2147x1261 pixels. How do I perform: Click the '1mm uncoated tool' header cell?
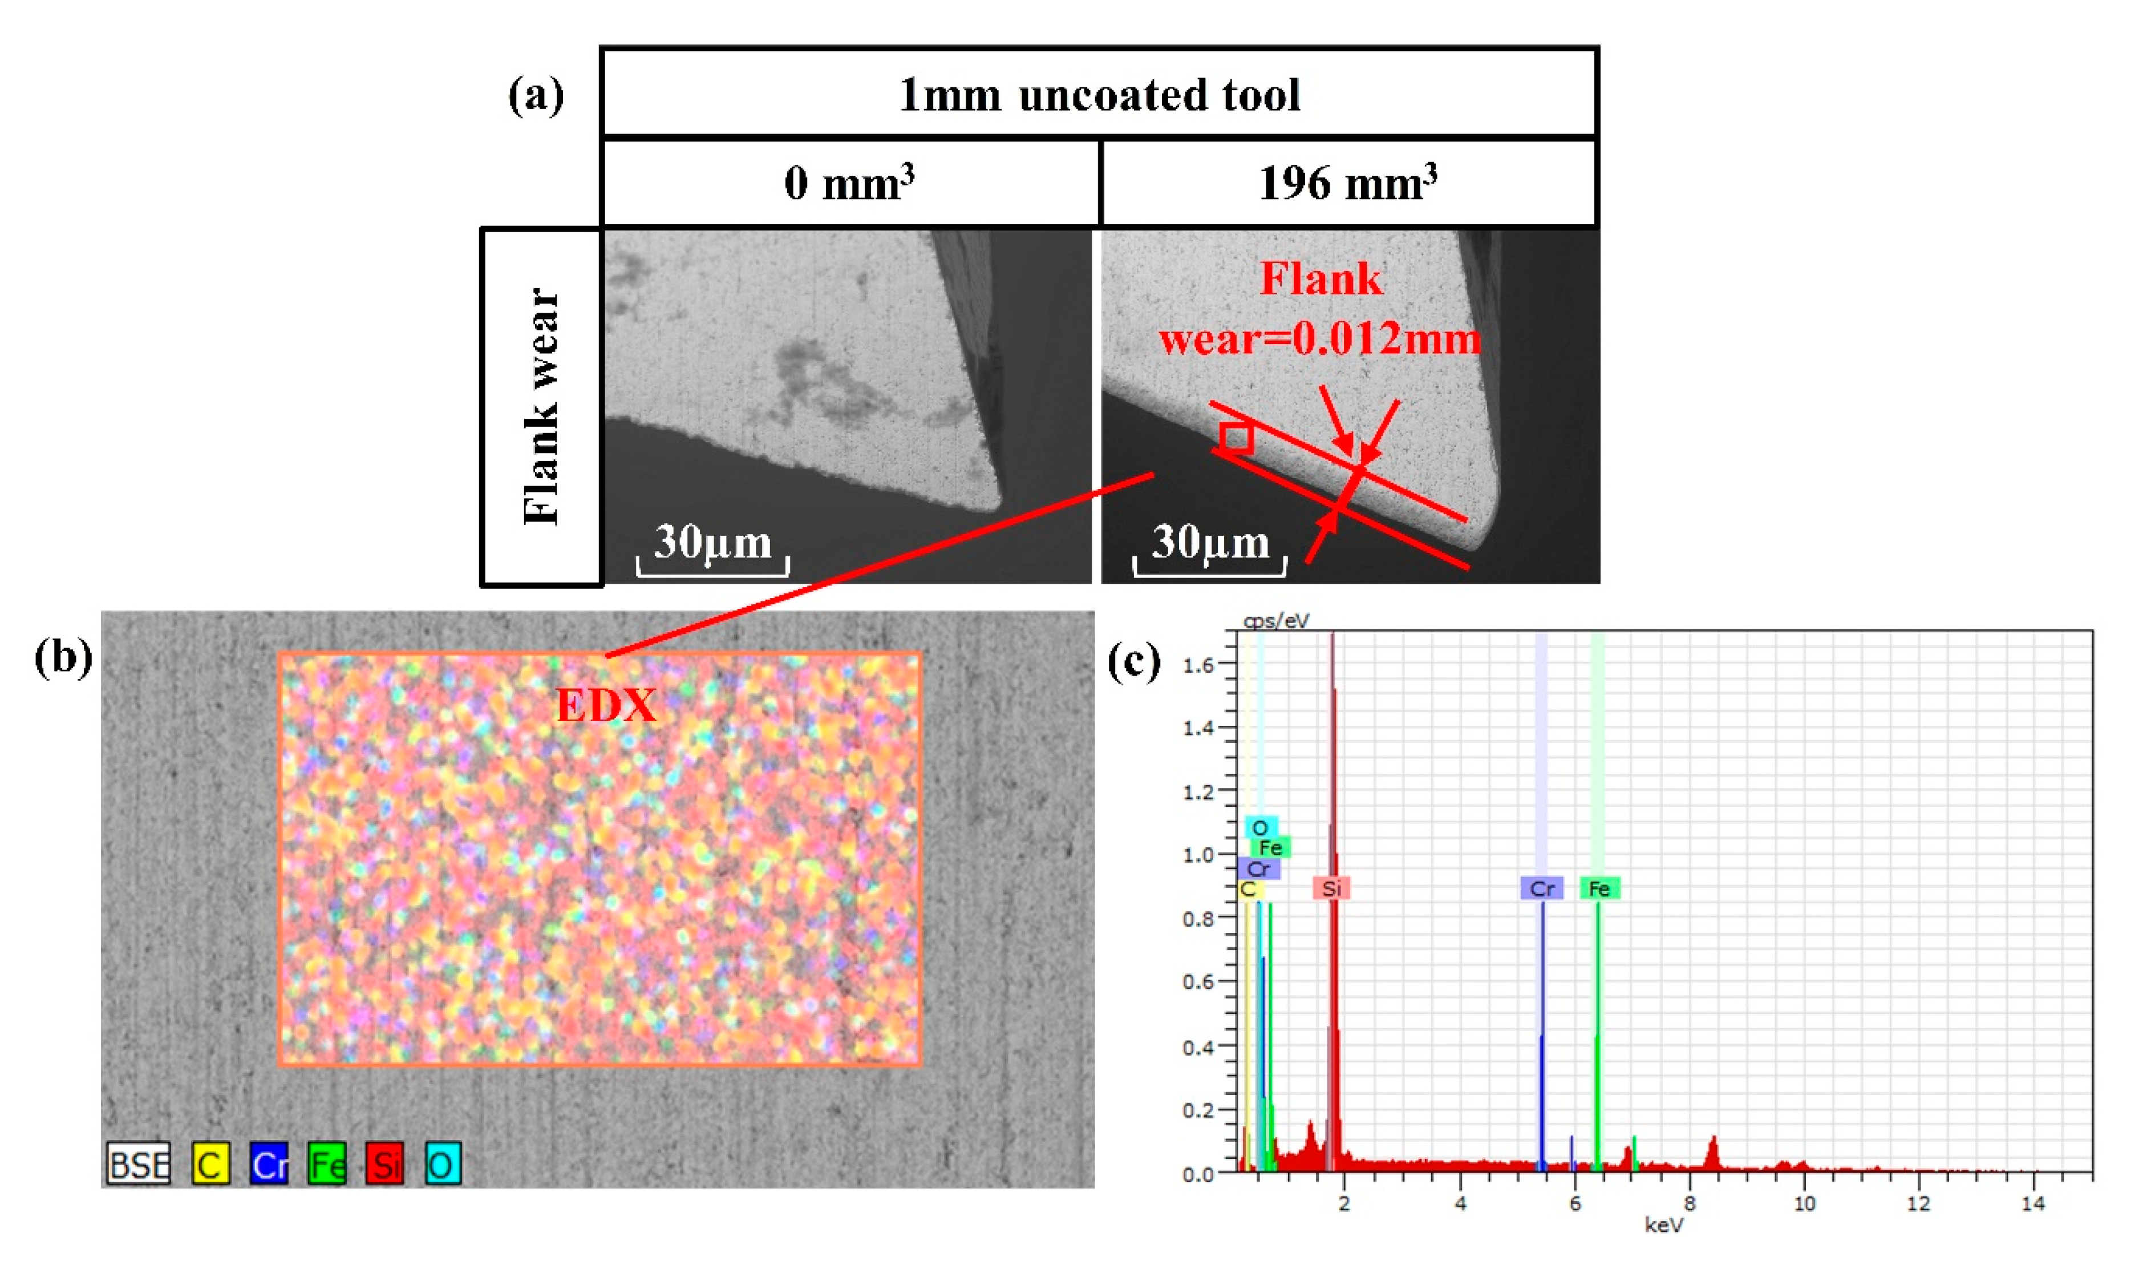pos(1099,94)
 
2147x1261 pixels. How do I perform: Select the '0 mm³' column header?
pos(849,183)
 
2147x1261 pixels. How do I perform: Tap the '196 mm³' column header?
pos(1348,183)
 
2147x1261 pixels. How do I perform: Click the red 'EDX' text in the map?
pos(606,705)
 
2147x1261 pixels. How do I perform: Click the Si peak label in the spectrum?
pos(1332,888)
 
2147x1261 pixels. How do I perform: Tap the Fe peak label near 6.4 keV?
pos(1599,888)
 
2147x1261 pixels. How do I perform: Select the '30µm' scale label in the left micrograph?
pos(712,542)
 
